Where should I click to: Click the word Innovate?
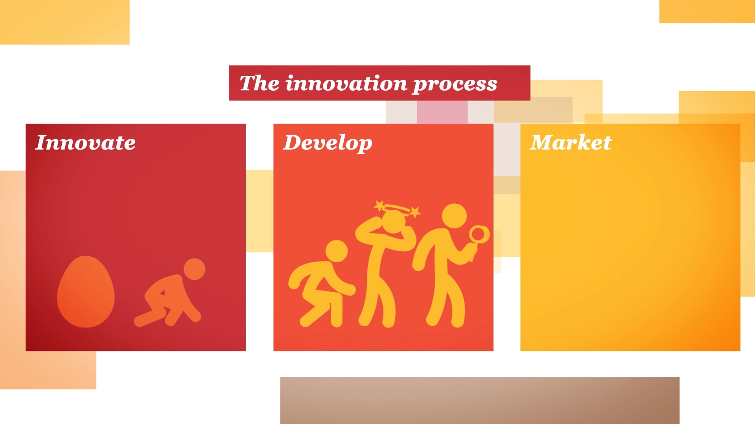coord(85,143)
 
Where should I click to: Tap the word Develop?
coord(328,143)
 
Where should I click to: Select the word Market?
coord(571,143)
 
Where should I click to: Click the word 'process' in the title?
coord(455,84)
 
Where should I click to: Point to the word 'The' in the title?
coord(260,83)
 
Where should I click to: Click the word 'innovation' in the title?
coord(346,83)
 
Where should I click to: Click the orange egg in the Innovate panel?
coord(86,292)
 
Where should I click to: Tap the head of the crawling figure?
coord(194,269)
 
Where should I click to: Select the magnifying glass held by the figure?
coord(479,235)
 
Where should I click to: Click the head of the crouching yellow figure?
coord(337,251)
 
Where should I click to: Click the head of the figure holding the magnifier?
coord(454,216)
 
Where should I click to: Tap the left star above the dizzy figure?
coord(379,205)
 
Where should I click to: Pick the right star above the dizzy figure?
coord(415,212)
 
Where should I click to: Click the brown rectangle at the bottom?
coord(479,400)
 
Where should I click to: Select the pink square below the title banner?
coord(442,112)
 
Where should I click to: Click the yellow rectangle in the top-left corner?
coord(64,22)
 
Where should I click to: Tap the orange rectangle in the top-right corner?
coord(707,11)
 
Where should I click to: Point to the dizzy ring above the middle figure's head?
coord(397,208)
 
